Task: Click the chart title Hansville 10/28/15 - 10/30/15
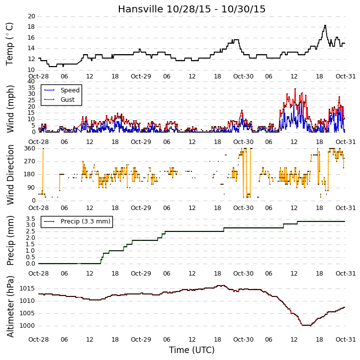point(192,9)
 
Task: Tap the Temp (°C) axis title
point(9,44)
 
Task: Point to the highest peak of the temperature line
point(325,25)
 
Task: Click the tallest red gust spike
point(295,89)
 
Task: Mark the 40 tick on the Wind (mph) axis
point(31,81)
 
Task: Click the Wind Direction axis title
point(10,174)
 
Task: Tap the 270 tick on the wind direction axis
point(30,161)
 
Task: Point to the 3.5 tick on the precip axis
point(30,218)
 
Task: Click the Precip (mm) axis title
point(10,241)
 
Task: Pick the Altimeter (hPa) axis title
point(10,306)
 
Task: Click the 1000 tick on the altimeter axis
point(27,326)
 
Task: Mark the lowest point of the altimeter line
point(306,325)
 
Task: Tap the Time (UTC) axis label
point(192,350)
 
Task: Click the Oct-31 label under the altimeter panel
point(346,339)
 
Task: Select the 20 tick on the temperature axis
point(31,16)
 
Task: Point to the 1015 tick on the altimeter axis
point(27,288)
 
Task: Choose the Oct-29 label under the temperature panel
point(141,76)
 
